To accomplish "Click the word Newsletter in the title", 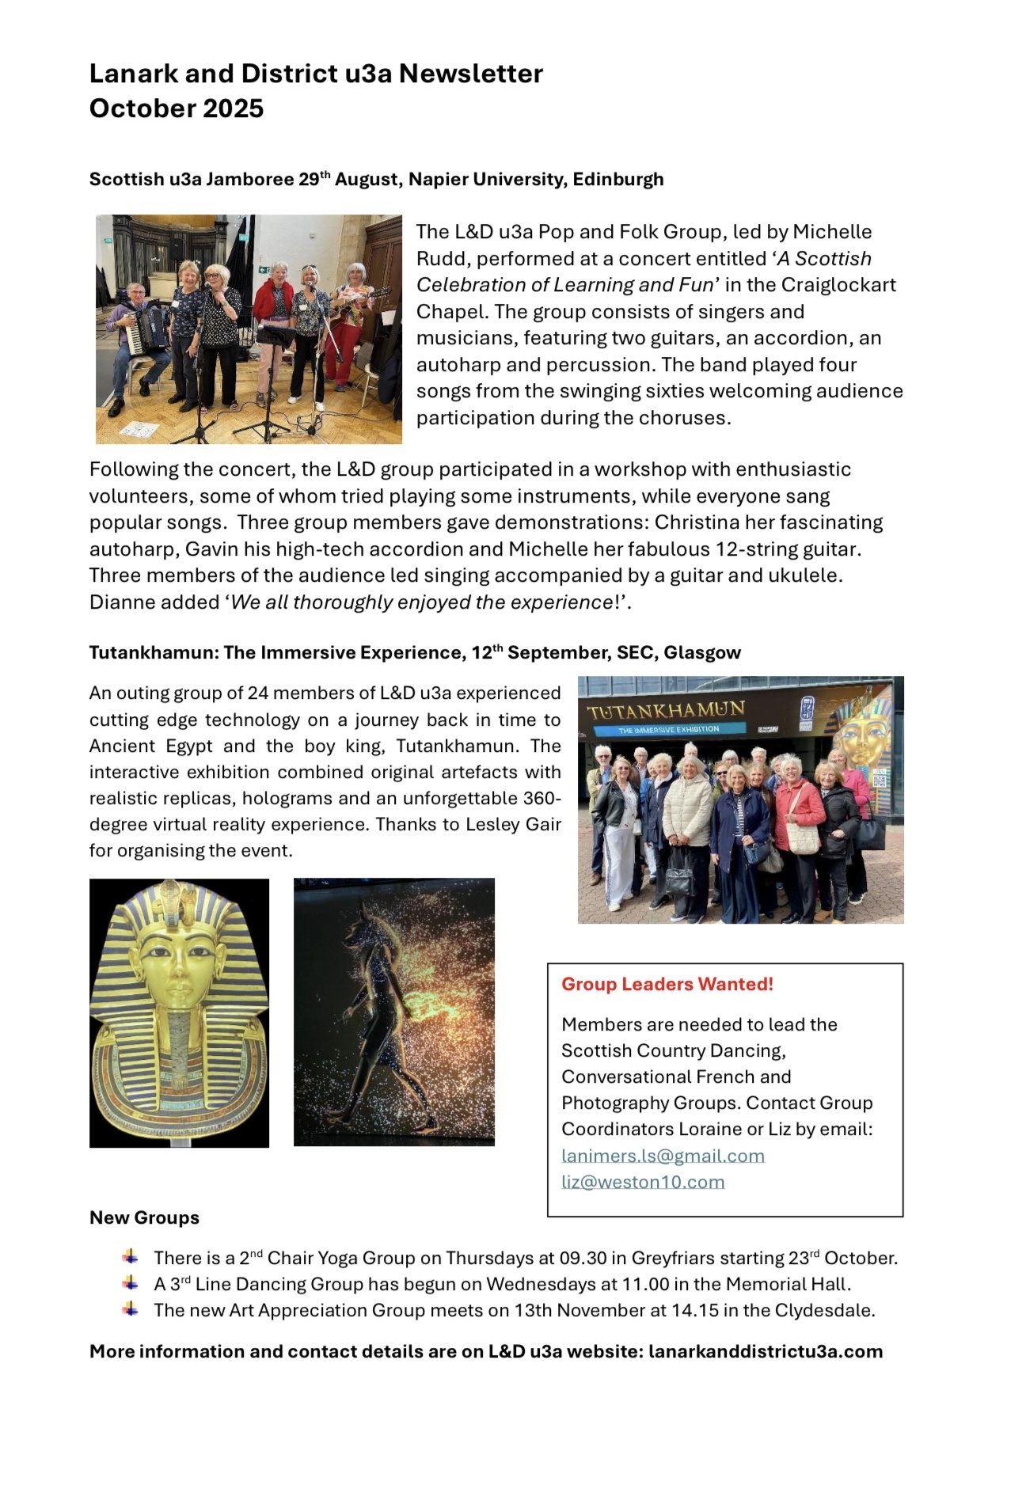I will click(470, 74).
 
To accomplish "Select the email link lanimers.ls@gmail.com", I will click(663, 1156).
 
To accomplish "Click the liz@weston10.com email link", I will click(643, 1182).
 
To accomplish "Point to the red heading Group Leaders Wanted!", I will click(667, 984).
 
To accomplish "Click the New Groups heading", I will click(144, 1217).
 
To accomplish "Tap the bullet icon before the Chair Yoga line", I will click(131, 1257).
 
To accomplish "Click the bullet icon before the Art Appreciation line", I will click(131, 1309).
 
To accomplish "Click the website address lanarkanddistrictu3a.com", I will click(765, 1351).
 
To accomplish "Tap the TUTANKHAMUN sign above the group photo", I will click(666, 710).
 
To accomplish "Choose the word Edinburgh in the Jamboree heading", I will click(617, 180).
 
